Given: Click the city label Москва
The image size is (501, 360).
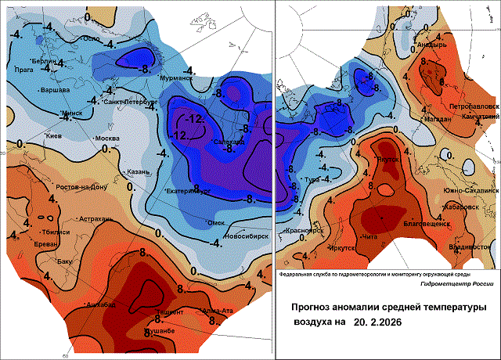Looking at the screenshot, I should pos(106,139).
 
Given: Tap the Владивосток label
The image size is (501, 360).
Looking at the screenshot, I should pos(470,247).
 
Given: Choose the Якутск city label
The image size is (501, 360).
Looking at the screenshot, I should pos(389,160).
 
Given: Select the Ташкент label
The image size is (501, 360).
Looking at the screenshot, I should pos(170,312).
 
